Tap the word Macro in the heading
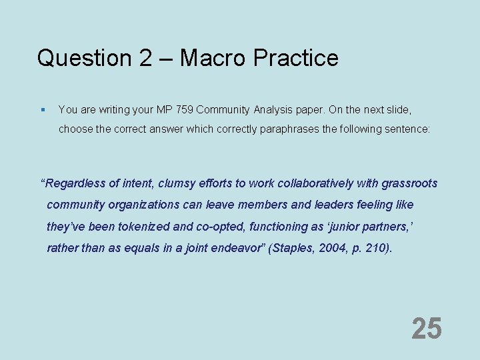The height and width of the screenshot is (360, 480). point(210,58)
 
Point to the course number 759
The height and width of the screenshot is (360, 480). point(183,109)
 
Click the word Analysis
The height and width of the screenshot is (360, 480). point(273,109)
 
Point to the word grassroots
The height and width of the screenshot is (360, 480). point(409,183)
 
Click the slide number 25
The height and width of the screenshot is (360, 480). point(426,329)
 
